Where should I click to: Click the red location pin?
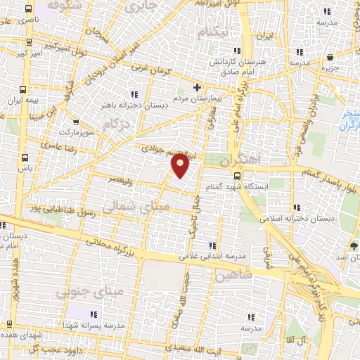(x=181, y=166)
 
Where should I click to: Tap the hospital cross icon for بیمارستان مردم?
(x=197, y=88)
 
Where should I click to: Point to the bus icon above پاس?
(x=25, y=157)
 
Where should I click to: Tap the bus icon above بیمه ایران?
(x=23, y=89)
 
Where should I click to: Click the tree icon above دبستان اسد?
(x=353, y=245)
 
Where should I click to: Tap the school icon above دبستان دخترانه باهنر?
(x=133, y=94)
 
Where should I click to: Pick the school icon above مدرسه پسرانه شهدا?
(x=95, y=313)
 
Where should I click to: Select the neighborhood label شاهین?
(x=235, y=275)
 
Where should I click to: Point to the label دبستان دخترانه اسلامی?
(x=300, y=219)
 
